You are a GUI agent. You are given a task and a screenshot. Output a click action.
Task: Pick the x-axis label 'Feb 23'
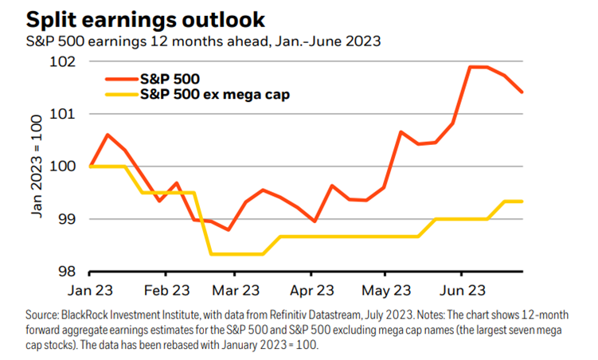(168, 291)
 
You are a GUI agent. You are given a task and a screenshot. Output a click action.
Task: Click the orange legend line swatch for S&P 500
(120, 80)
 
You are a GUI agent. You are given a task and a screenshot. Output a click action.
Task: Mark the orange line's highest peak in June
(478, 67)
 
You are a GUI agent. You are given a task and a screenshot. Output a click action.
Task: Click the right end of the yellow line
(522, 202)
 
